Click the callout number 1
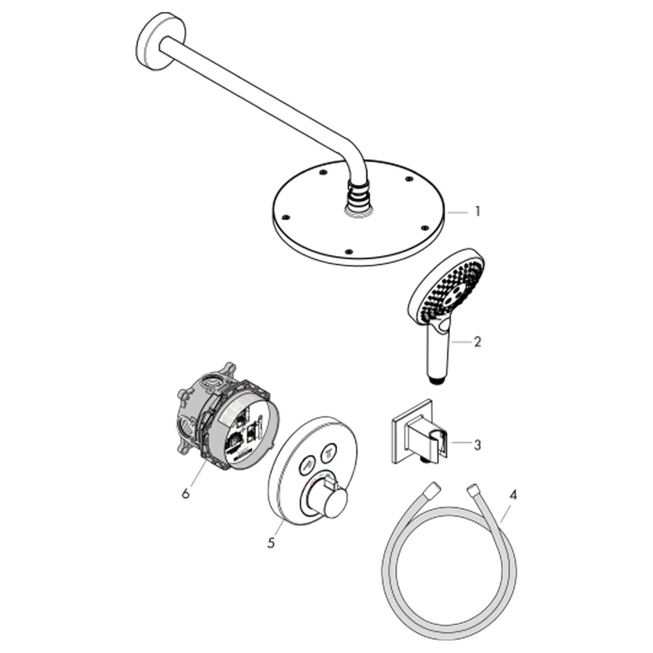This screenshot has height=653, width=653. coord(478,212)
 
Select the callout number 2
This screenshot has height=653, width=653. coord(478,342)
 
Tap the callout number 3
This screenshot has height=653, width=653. coord(478,445)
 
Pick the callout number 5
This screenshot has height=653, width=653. coord(271,543)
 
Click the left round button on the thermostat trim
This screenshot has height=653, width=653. coord(307,467)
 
